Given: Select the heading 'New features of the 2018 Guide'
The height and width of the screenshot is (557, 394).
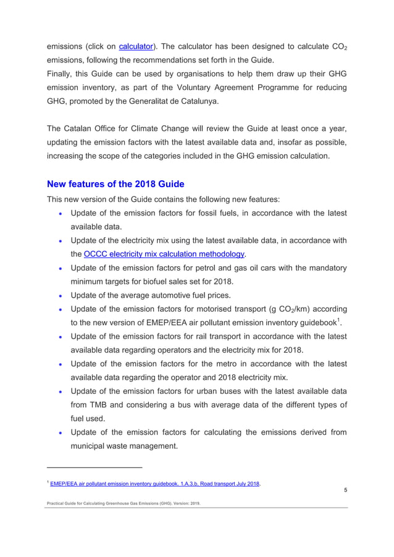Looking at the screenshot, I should (x=115, y=184).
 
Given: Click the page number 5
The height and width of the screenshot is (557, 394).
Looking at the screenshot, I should (x=345, y=490).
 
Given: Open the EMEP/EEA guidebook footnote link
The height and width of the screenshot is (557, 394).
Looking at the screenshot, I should (x=155, y=484).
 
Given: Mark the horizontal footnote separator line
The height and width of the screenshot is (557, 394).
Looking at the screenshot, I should (x=94, y=467).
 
